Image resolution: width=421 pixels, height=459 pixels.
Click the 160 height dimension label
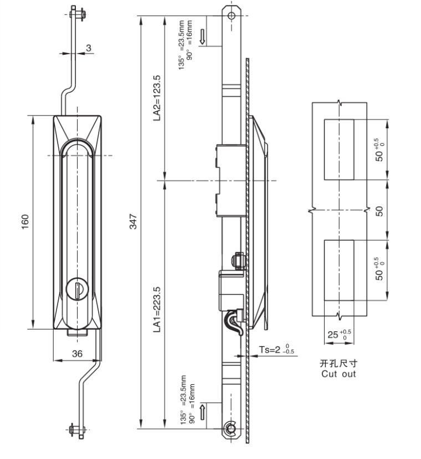coord(25,222)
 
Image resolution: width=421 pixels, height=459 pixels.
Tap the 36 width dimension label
coord(77,353)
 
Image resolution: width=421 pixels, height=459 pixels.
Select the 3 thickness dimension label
coord(89,48)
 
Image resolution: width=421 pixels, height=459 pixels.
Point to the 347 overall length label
coord(133,222)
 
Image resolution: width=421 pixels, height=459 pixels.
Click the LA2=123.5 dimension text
coord(157,98)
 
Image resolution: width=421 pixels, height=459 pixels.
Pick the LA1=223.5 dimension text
coord(157,310)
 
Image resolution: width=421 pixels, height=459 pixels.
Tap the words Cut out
coord(338,374)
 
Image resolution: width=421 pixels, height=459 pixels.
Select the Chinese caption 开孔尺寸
coord(338,363)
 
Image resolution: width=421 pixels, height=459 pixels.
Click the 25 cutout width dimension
coord(339,335)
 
